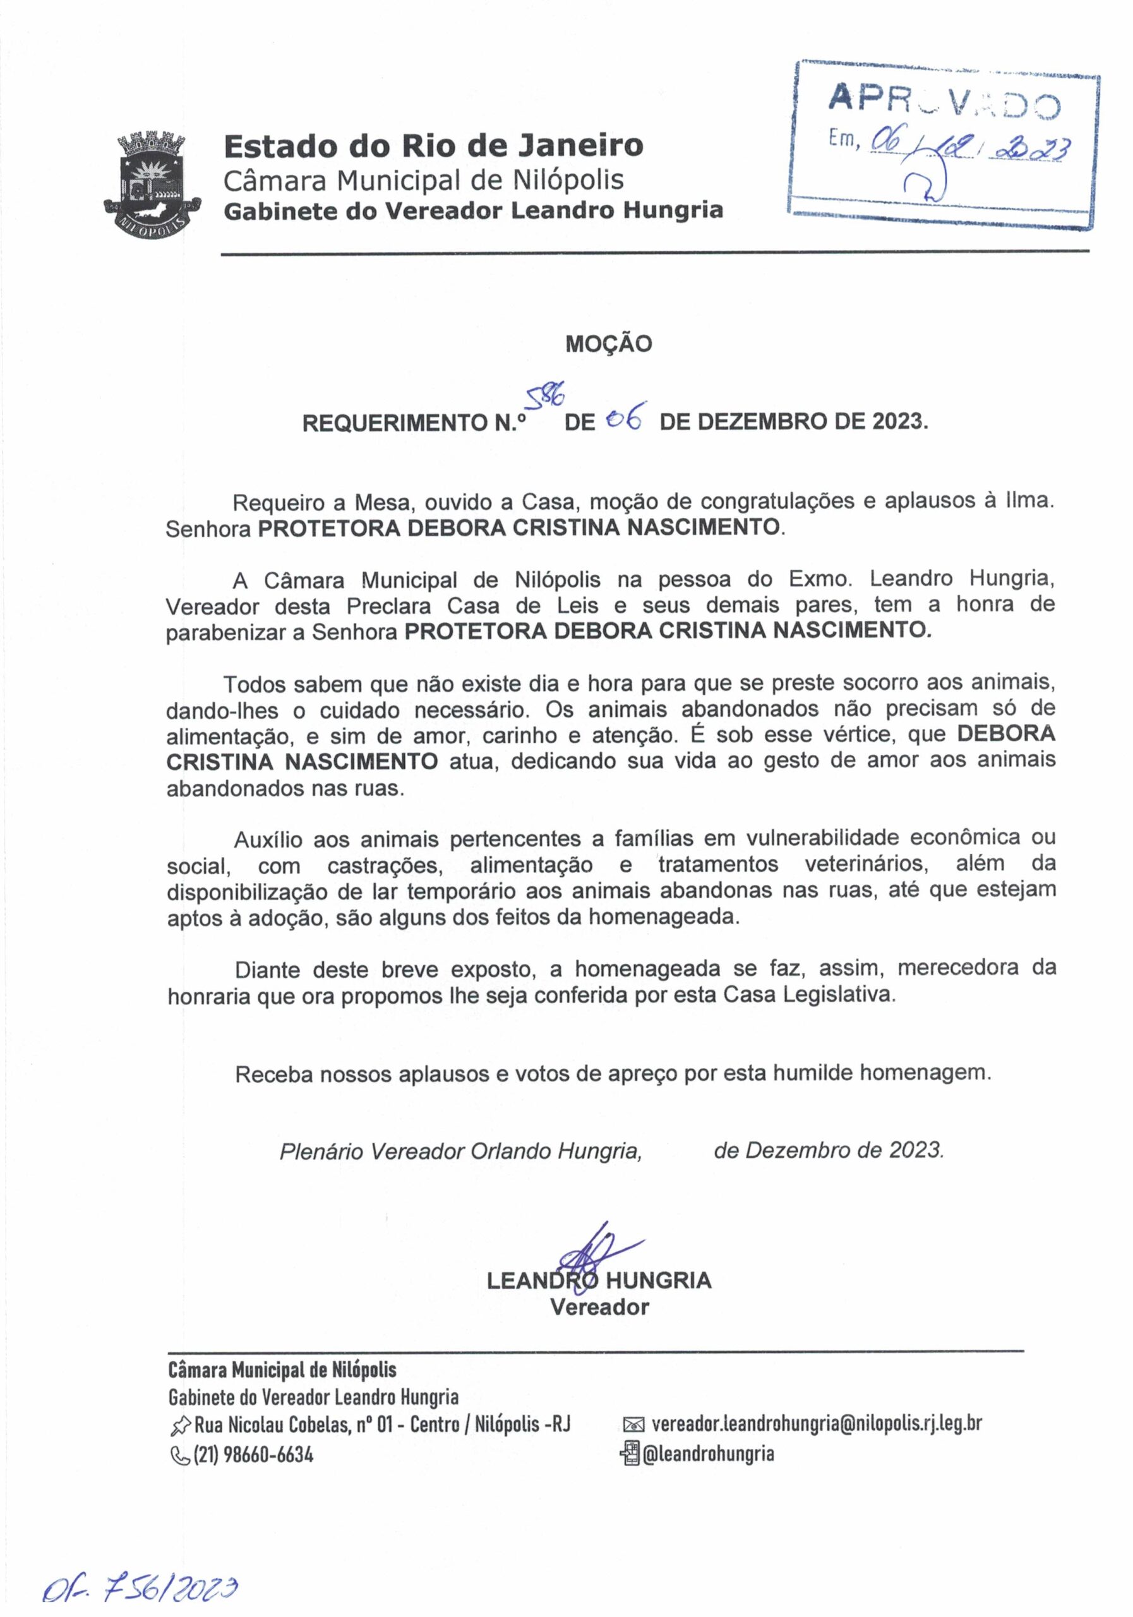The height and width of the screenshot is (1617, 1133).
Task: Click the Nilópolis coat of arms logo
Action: (152, 184)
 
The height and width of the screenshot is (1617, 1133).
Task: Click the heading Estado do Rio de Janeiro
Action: (433, 146)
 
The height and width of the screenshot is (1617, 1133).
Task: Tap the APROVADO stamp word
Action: (944, 100)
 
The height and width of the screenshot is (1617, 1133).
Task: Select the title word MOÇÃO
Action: (608, 344)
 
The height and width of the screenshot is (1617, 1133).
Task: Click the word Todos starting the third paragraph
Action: (253, 684)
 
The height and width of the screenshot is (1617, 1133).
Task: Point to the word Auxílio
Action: (268, 839)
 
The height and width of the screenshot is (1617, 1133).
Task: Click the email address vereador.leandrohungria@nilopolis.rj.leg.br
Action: (816, 1423)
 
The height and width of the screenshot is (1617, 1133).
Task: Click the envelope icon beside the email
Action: (633, 1425)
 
